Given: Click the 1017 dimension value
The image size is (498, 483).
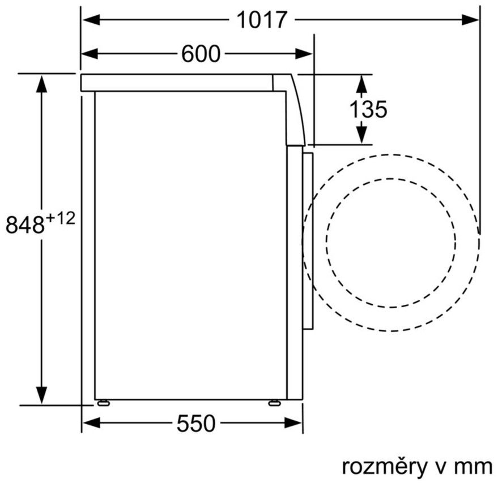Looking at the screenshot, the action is point(262,20).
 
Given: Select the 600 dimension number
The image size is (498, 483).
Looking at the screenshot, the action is point(201,54).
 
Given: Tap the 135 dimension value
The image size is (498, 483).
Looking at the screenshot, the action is point(368,109).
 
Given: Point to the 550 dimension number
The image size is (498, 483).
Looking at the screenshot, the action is point(196,423).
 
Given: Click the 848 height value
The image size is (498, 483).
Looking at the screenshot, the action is point(25,225).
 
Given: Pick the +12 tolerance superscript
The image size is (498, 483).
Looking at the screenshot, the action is point(61,218).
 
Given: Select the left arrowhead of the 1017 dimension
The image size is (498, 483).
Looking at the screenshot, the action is point(91,20).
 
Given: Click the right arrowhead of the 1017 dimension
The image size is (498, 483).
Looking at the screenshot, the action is point(470,20).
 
